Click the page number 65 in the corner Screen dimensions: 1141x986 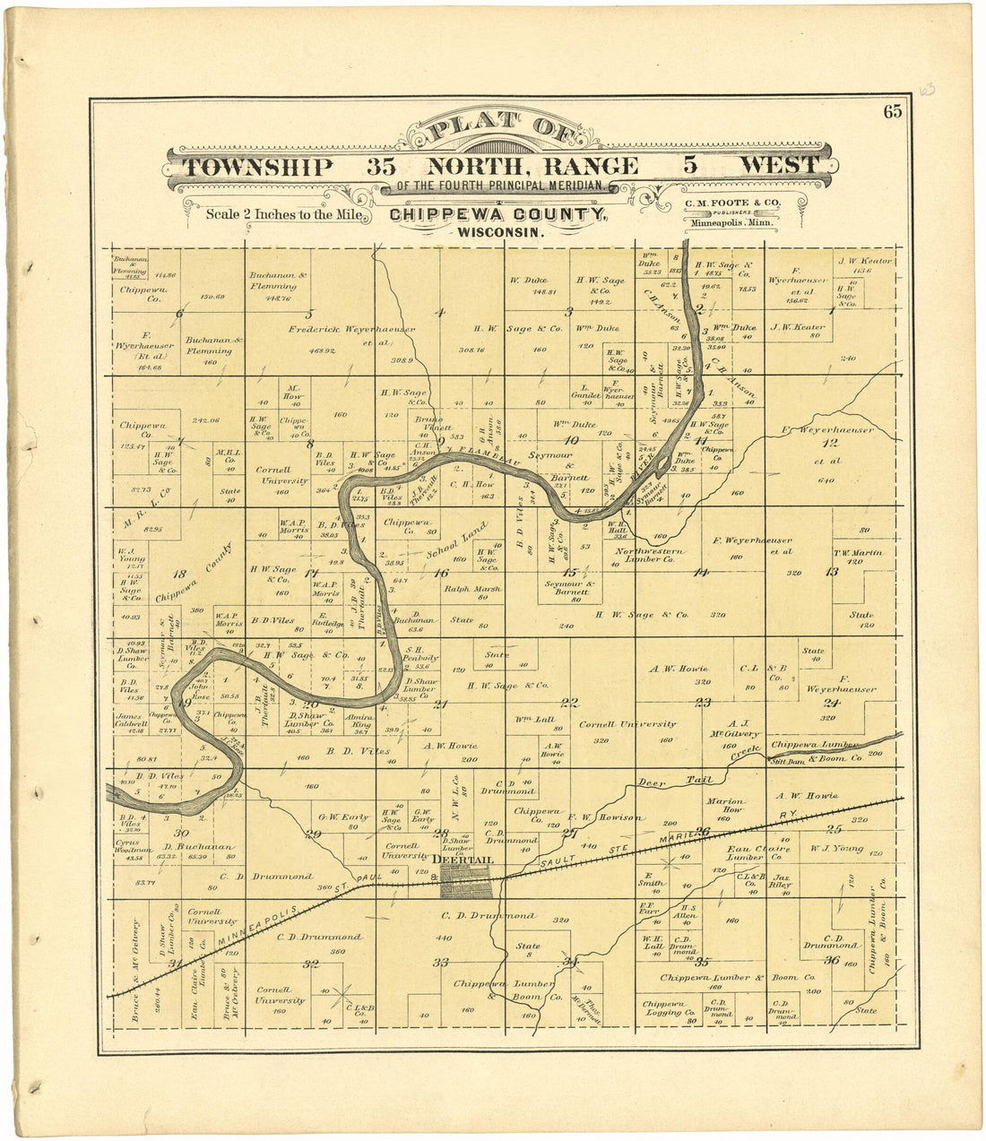click(x=892, y=112)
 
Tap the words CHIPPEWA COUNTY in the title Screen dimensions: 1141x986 click(x=497, y=215)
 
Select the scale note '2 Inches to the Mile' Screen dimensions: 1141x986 click(x=283, y=214)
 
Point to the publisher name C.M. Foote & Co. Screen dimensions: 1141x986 click(x=732, y=203)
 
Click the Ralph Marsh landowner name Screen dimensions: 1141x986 click(x=472, y=589)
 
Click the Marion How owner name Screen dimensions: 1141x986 click(x=725, y=805)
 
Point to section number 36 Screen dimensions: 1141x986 click(x=831, y=960)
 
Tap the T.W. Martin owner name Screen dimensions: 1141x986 click(x=858, y=553)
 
